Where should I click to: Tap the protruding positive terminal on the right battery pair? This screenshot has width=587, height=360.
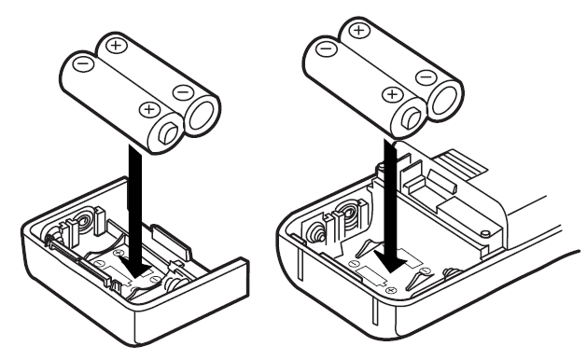[x=408, y=118]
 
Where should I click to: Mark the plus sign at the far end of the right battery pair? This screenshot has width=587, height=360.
[x=356, y=31]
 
